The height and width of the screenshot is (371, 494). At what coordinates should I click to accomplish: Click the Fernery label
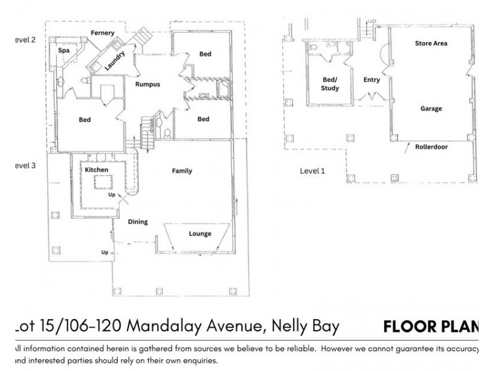tap(104, 32)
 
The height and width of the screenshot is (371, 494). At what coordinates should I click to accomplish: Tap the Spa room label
tap(63, 51)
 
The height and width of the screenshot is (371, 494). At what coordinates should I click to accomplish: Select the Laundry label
tap(115, 60)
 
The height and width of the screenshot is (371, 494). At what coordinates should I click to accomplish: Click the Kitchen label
tap(96, 169)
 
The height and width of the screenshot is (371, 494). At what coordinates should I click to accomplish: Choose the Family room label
tap(182, 171)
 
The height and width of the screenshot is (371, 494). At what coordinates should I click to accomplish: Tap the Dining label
tap(137, 221)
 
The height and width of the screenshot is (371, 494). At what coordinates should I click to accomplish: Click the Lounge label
tap(200, 234)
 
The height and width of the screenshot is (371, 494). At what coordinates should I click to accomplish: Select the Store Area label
tap(431, 43)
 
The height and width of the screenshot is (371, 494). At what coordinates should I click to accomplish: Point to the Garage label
tap(431, 109)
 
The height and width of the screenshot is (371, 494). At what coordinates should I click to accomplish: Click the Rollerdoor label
tap(432, 147)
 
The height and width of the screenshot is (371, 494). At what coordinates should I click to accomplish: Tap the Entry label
tap(372, 80)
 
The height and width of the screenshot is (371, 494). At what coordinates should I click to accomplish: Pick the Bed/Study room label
tap(331, 84)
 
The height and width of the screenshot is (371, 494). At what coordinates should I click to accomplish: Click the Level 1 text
tap(312, 171)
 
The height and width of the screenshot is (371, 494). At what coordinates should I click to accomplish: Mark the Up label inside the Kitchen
tap(112, 194)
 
